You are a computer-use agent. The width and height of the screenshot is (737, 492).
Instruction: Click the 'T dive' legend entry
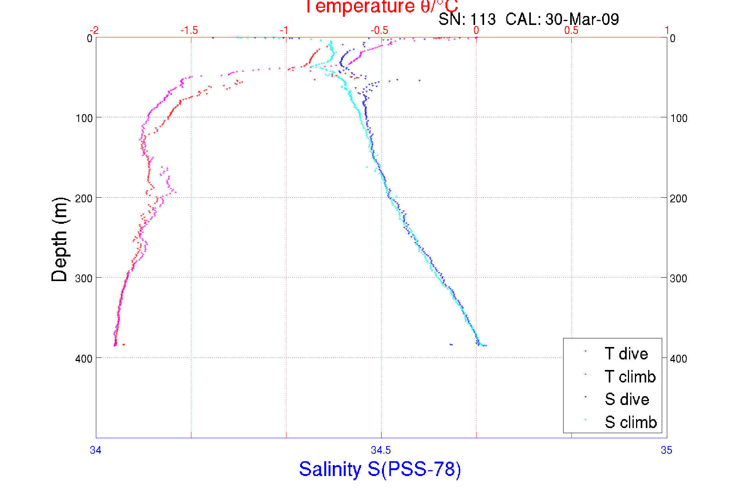626,354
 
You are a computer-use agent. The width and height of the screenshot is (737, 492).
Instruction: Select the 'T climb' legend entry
630,377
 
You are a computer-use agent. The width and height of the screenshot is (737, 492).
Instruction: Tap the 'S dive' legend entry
627,399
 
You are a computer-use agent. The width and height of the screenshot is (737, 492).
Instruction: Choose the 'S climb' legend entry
631,422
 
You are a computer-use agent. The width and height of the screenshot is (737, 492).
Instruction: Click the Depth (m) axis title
60,239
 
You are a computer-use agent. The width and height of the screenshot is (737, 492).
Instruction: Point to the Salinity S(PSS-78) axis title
380,469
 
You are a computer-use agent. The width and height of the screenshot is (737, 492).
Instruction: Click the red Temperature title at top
381,7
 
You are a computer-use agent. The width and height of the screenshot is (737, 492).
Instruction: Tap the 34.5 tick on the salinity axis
381,450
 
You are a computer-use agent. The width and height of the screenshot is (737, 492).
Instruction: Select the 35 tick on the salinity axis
666,450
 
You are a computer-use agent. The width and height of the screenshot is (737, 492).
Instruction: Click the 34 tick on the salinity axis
96,450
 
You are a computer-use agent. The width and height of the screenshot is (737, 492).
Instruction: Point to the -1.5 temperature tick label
189,30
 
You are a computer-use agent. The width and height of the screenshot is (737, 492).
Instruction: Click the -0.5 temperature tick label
380,30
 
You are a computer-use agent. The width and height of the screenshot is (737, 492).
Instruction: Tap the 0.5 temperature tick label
571,30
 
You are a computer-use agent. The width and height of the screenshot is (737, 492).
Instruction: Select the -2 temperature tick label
94,30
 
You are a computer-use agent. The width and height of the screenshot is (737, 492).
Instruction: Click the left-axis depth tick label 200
84,198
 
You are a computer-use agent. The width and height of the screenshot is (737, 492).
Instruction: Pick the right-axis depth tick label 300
679,278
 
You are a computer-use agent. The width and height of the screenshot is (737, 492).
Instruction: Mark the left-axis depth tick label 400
84,359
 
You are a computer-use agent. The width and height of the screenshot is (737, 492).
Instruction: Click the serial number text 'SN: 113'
467,19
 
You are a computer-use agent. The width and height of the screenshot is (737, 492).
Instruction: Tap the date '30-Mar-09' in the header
582,19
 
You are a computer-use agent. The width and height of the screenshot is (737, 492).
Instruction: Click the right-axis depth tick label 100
679,118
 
